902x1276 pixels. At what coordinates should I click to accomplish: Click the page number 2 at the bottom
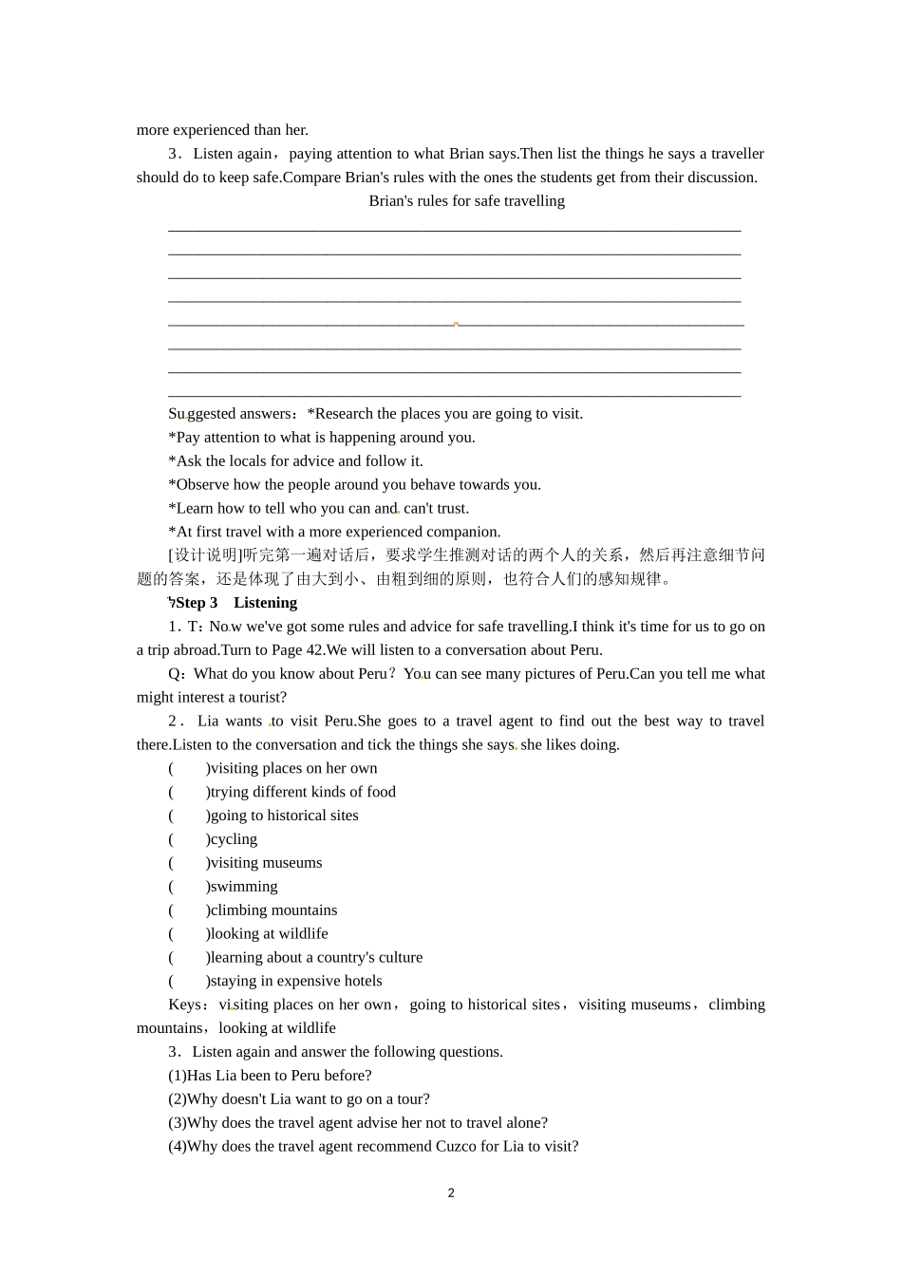(451, 1193)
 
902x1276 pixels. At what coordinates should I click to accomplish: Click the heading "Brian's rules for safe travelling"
(466, 201)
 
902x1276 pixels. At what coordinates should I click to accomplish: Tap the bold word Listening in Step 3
(265, 603)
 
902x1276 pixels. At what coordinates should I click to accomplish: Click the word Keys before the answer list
(184, 1004)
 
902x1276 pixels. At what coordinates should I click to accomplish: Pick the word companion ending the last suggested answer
(465, 533)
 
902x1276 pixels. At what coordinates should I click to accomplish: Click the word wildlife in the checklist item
(303, 934)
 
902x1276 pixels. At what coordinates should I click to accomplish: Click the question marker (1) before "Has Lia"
(178, 1076)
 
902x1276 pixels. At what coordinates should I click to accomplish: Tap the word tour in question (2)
(411, 1099)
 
